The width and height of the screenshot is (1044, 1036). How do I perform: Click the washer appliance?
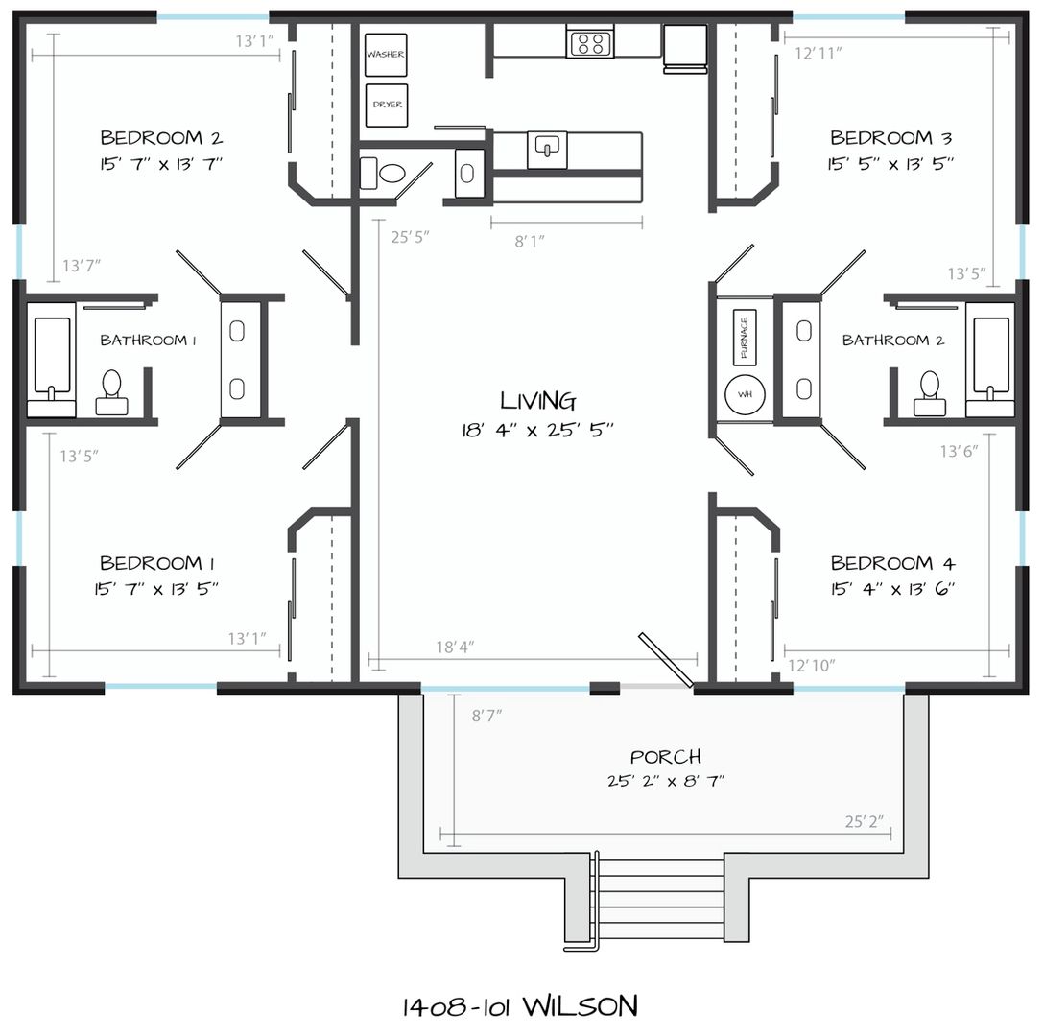[x=386, y=55]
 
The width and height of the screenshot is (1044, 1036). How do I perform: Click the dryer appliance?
[x=386, y=106]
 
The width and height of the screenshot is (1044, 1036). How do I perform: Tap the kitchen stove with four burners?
[x=590, y=42]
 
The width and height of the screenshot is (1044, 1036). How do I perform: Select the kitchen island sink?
[x=547, y=149]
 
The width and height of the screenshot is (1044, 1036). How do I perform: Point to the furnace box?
[x=744, y=337]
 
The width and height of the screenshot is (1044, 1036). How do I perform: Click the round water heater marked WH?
[x=745, y=394]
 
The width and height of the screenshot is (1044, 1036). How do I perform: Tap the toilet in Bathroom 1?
[x=111, y=393]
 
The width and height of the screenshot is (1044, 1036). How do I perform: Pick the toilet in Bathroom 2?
[x=929, y=393]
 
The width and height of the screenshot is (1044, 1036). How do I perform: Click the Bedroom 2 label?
[x=161, y=138]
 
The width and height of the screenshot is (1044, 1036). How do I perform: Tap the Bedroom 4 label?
[x=892, y=563]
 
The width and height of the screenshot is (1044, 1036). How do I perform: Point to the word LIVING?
[x=538, y=401]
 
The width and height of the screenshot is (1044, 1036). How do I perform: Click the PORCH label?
[x=665, y=757]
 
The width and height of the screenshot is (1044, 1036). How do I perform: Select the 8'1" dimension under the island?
[x=530, y=241]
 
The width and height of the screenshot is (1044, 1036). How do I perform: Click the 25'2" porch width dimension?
[x=865, y=822]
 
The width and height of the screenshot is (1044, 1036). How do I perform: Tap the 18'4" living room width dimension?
[x=455, y=647]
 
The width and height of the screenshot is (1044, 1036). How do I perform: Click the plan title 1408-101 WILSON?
[x=520, y=1006]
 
